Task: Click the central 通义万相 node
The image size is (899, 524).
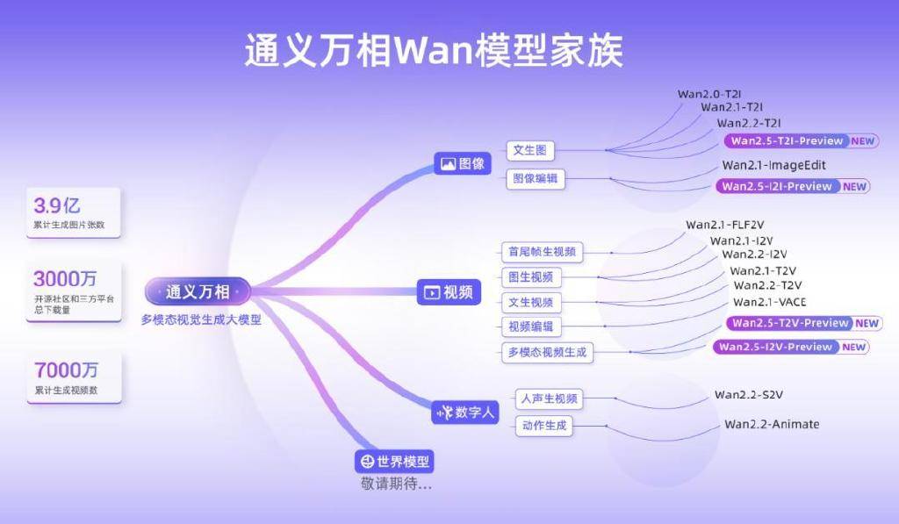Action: click(198, 291)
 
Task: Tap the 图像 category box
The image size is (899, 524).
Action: click(463, 163)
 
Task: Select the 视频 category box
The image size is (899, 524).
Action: click(449, 292)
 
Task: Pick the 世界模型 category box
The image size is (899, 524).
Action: click(394, 462)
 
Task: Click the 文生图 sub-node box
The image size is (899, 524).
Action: click(530, 150)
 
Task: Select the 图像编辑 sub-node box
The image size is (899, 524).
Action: click(536, 179)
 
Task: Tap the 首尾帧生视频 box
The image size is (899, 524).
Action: click(542, 252)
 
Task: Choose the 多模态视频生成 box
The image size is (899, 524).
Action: click(546, 353)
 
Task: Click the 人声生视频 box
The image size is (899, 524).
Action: click(550, 398)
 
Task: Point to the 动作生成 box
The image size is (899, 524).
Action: click(544, 427)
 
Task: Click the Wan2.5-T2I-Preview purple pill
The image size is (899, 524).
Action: click(787, 140)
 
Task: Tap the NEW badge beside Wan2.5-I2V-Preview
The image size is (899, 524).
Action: click(854, 347)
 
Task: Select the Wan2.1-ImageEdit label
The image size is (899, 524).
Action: click(773, 165)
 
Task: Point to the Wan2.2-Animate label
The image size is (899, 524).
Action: click(772, 425)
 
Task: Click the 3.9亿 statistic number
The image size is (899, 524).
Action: click(57, 206)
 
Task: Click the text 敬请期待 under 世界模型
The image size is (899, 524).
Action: click(396, 484)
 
